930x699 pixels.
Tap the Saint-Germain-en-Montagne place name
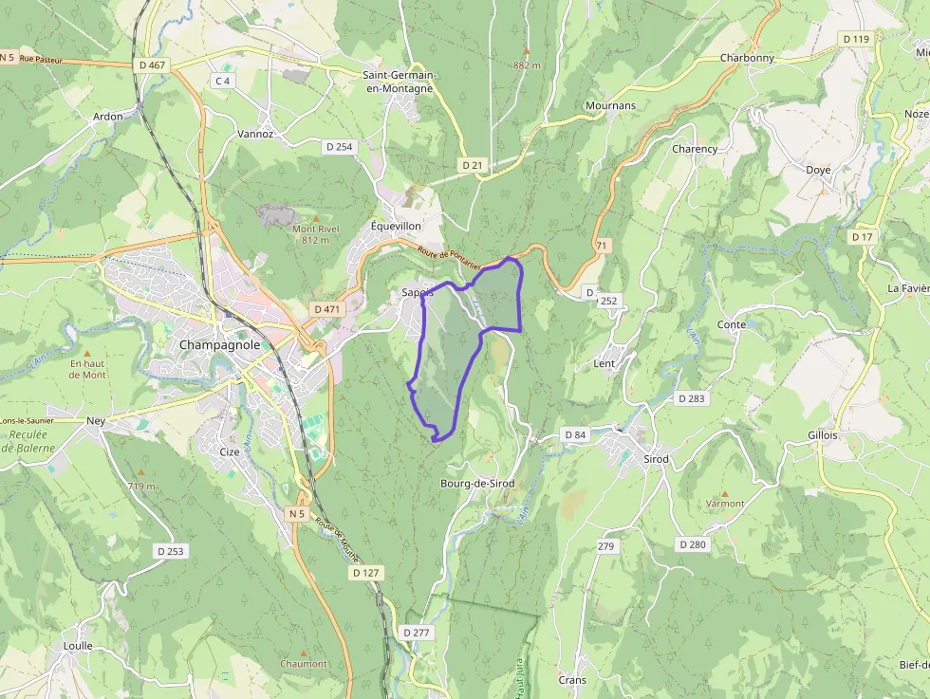[399, 82]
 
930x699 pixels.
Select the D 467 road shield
[152, 64]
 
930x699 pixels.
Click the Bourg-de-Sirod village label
[477, 484]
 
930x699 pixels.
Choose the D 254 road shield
[339, 146]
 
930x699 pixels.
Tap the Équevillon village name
[397, 227]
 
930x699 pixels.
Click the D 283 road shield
[692, 398]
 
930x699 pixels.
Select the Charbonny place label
[747, 58]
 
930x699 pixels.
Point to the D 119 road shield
[855, 39]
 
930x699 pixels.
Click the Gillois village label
[823, 434]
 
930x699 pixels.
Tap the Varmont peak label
[726, 504]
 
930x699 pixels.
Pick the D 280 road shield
[694, 544]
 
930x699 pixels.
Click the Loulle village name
[78, 646]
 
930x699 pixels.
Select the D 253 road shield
[172, 550]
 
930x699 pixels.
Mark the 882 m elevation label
[527, 65]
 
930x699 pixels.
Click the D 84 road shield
[576, 434]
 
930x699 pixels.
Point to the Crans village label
[572, 680]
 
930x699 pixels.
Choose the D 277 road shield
[417, 632]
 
